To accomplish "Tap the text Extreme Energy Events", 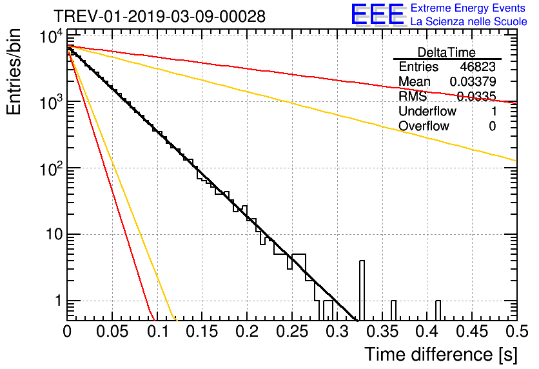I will tap(468, 8).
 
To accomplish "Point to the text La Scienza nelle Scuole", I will tap(468, 22).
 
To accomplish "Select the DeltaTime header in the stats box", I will tap(446, 52).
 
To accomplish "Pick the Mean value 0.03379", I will tap(473, 82).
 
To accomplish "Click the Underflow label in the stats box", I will tap(427, 112).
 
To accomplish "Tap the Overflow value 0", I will tap(492, 126).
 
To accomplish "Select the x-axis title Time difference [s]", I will tap(440, 354).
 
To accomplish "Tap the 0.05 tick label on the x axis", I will tap(113, 332).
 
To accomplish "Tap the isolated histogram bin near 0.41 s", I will tap(438, 310).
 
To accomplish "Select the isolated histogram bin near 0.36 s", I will tap(393, 310).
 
